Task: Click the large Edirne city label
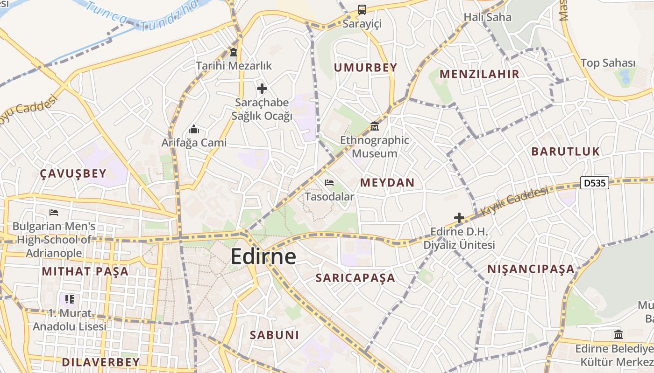(x=263, y=257)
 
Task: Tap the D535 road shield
(x=595, y=183)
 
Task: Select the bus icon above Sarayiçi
(x=362, y=9)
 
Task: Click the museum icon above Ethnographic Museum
(x=374, y=126)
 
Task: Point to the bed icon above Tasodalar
(x=329, y=183)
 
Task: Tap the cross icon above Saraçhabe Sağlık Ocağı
(x=262, y=88)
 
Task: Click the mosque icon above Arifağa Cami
(x=193, y=129)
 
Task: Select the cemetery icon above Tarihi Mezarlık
(x=233, y=52)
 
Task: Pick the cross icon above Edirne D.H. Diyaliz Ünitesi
(x=459, y=217)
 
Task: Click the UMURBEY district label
(x=365, y=68)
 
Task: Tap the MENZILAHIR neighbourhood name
(x=479, y=74)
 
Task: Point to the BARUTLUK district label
(x=565, y=152)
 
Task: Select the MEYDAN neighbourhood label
(x=387, y=182)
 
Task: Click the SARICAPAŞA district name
(x=355, y=278)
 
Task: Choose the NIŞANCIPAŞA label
(x=531, y=269)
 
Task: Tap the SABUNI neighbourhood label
(x=274, y=335)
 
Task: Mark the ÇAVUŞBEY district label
(x=73, y=174)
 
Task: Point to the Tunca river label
(x=106, y=13)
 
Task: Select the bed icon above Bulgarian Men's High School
(x=54, y=213)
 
